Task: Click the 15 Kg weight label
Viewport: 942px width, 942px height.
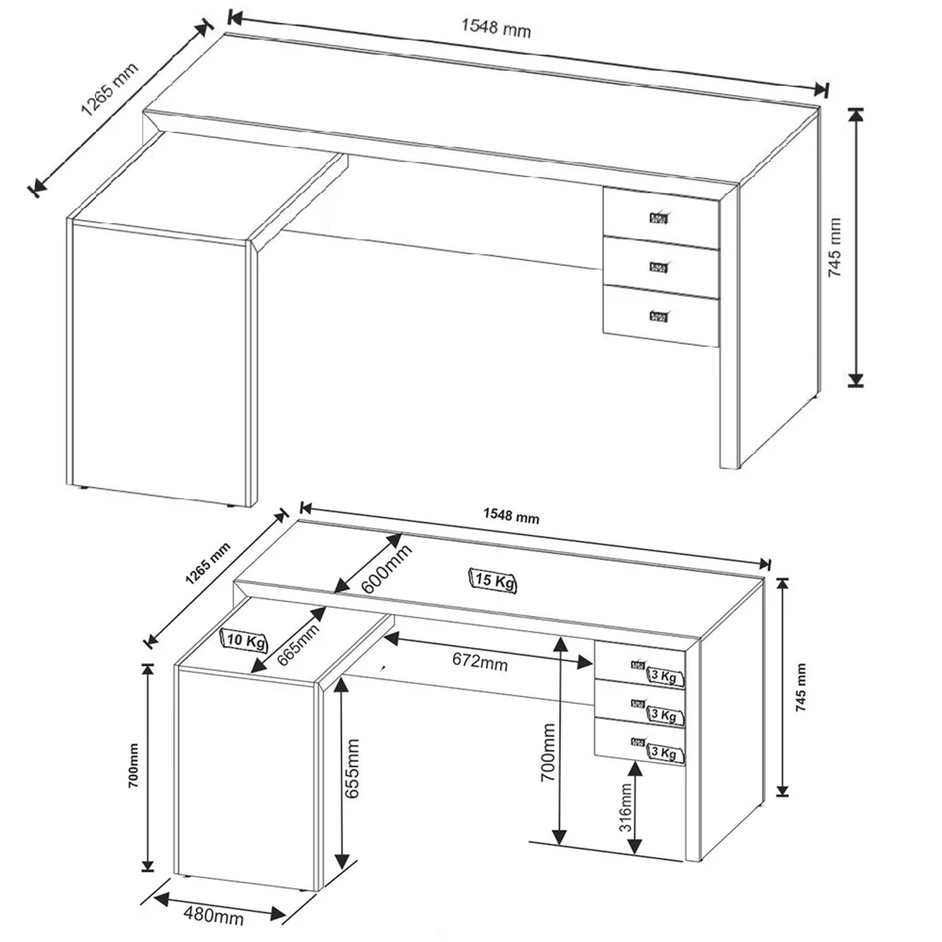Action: [493, 580]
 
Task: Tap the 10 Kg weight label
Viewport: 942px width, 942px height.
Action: [245, 641]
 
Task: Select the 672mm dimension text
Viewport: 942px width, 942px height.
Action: [480, 661]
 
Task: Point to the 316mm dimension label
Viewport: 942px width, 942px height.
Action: [626, 808]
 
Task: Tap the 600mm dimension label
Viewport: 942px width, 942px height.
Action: [387, 568]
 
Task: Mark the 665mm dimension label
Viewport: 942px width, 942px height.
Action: [298, 644]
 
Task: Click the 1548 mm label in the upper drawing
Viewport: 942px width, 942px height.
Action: [496, 28]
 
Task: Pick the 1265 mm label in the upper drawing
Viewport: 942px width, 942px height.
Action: [109, 90]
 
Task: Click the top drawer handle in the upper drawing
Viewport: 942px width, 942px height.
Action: [659, 218]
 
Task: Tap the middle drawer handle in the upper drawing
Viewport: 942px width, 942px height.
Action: [659, 267]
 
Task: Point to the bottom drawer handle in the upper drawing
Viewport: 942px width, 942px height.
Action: [659, 315]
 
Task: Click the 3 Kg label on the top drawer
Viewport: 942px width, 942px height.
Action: [664, 676]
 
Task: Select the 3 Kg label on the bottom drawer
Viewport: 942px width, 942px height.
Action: [664, 753]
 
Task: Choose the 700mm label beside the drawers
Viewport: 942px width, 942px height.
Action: [548, 752]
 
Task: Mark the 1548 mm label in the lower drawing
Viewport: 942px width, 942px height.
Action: [511, 516]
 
